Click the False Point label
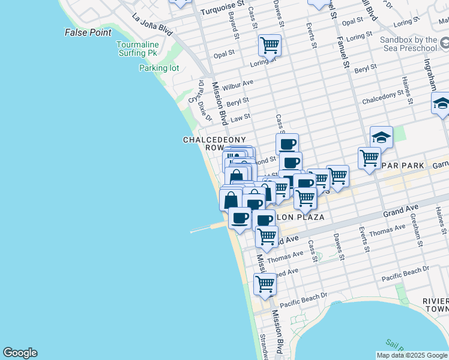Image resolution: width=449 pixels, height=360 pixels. coord(88,32)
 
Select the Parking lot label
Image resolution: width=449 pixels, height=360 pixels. coord(159,68)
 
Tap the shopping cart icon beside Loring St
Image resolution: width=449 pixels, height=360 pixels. coord(270,44)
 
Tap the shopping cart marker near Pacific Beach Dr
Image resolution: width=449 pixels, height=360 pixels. coord(264,283)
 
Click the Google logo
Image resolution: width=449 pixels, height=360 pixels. coord(20,353)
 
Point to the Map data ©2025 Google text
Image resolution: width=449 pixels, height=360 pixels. coord(412,355)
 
